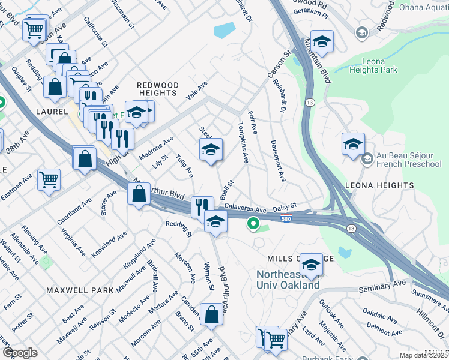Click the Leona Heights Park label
(388, 66)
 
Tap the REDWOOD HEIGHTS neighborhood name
(157, 89)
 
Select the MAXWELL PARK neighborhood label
(80, 290)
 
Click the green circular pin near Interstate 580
(253, 225)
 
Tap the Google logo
(19, 353)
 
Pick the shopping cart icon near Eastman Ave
(49, 178)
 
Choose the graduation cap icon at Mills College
(311, 265)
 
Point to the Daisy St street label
(285, 207)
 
